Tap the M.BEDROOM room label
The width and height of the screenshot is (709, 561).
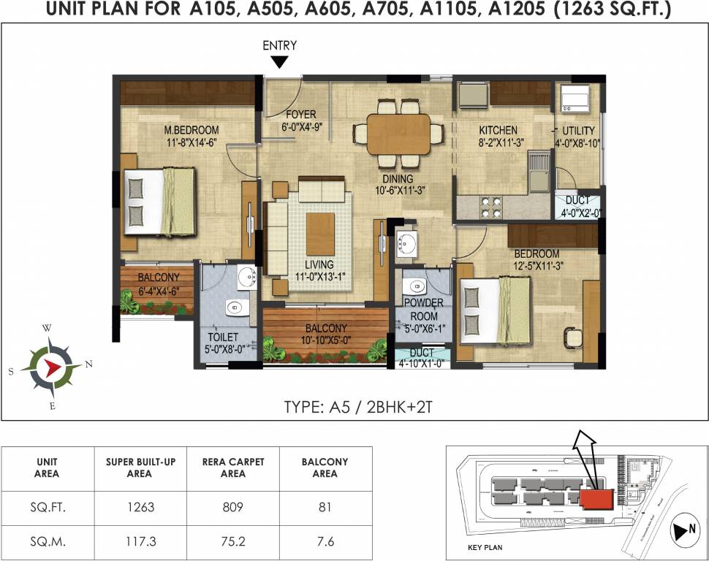click(x=192, y=137)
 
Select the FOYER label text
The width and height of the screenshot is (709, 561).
click(x=300, y=120)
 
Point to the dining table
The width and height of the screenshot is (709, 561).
click(x=398, y=133)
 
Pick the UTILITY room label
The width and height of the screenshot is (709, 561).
click(x=576, y=137)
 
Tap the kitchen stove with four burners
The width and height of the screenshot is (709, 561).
click(x=490, y=207)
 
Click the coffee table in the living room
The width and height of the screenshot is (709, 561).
click(x=320, y=229)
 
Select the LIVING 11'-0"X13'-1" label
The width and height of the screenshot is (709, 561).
click(x=319, y=270)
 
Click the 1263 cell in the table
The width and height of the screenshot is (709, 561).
click(x=140, y=507)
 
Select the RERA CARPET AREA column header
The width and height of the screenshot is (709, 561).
click(x=233, y=467)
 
